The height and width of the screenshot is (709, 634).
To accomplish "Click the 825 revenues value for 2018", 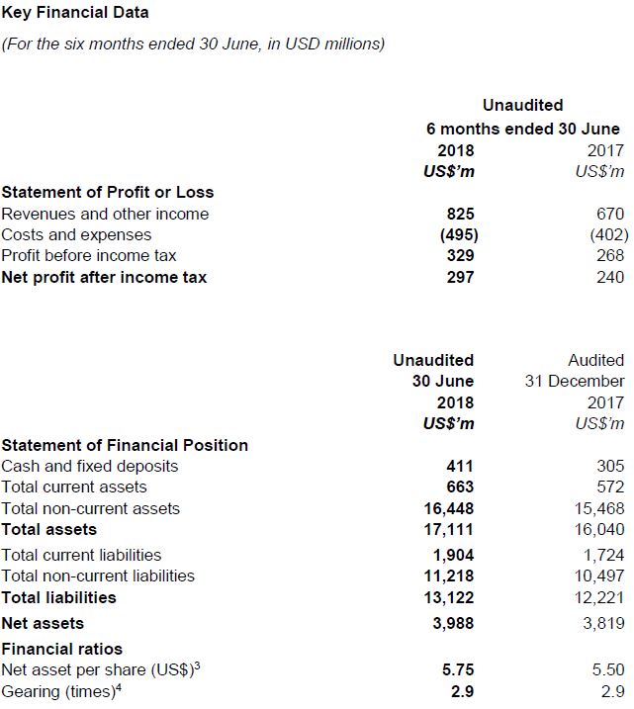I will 460,214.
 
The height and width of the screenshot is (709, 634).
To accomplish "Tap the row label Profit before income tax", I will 89,256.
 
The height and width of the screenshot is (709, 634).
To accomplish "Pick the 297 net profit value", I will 460,278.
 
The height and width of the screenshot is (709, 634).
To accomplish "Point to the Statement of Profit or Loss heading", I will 108,192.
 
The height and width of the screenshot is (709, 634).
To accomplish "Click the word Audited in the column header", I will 596,360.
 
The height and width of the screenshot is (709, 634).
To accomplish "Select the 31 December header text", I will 575,381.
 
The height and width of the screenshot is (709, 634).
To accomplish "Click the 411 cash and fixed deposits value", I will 460,466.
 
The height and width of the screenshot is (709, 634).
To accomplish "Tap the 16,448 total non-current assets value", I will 448,508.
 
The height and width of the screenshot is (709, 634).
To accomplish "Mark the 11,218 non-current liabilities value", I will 448,576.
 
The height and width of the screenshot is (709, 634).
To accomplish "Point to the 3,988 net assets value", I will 453,623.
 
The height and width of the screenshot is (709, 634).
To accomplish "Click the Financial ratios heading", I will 62,649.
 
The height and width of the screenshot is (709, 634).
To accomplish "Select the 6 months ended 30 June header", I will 523,129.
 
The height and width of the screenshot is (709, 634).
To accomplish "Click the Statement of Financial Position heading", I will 125,445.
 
